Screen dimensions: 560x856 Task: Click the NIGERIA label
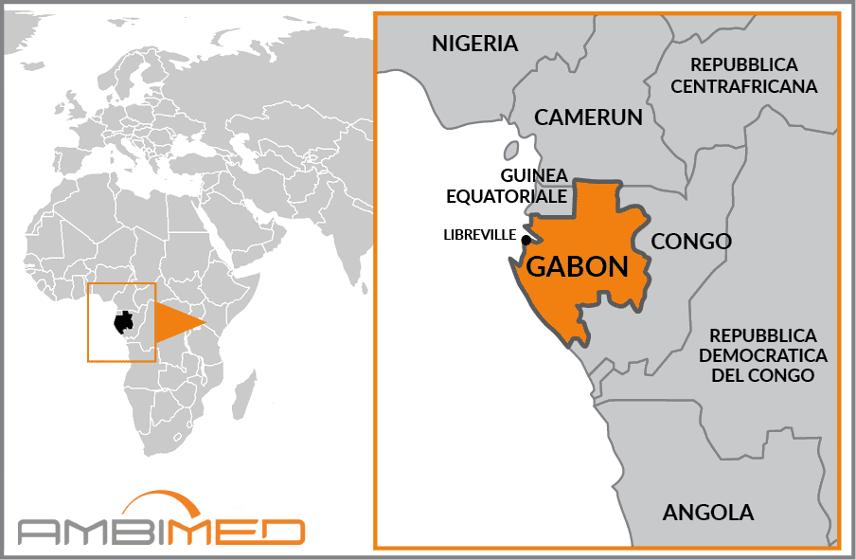474,44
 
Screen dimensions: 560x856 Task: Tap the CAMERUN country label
588,117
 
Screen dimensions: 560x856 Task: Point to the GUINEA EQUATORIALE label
533,186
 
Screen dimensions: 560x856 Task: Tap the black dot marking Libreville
526,240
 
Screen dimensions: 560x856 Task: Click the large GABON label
577,266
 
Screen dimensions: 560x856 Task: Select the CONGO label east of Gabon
691,242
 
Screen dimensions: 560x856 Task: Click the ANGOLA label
708,513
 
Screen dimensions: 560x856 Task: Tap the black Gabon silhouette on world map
123,322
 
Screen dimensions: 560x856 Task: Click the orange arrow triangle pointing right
177,323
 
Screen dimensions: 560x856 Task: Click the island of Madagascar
245,390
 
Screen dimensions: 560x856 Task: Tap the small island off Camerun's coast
511,150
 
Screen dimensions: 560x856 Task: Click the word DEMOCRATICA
768,355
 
